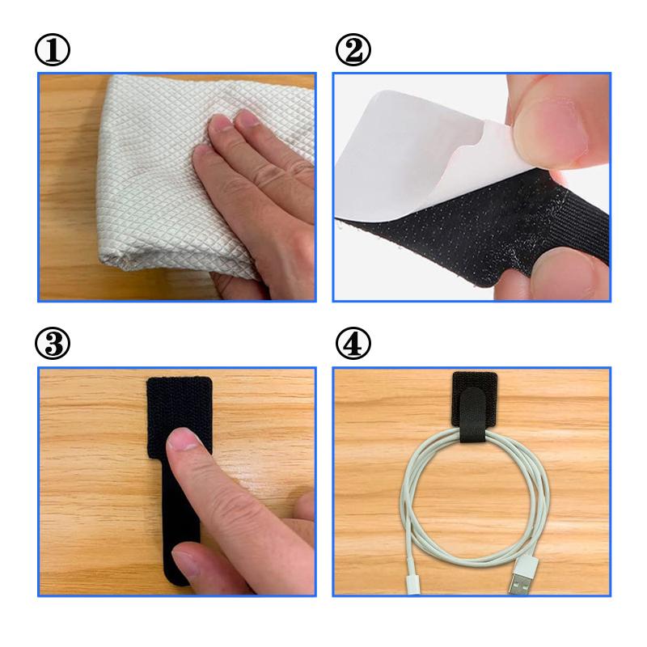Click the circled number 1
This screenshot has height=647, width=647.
[53, 49]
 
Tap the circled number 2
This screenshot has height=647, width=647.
[353, 49]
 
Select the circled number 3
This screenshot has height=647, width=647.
[53, 343]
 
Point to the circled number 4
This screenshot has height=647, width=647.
[353, 343]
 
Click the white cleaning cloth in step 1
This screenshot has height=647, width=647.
[165, 173]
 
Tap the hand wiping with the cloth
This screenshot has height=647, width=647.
[256, 198]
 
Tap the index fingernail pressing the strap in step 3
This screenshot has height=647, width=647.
[184, 439]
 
